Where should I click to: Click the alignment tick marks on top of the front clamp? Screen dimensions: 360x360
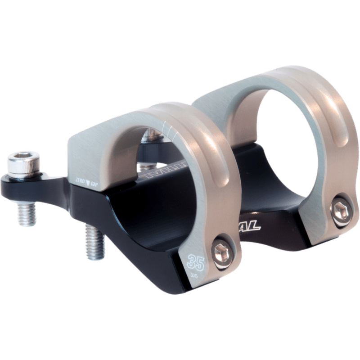coord(168,129)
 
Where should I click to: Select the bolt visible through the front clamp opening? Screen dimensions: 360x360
coord(148,137)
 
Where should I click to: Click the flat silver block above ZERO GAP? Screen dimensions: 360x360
coord(90,153)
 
